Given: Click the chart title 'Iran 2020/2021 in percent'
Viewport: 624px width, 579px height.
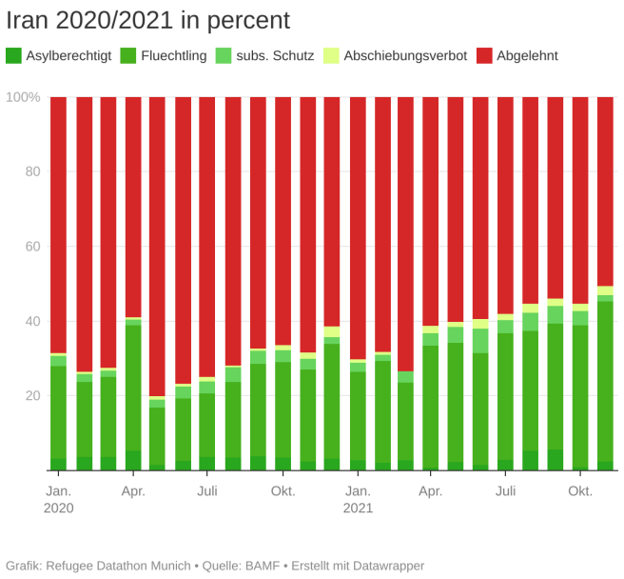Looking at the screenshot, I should [x=148, y=20].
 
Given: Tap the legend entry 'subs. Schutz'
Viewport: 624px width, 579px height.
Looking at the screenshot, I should [x=275, y=55].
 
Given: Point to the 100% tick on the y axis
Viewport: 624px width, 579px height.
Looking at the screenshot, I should [x=24, y=97].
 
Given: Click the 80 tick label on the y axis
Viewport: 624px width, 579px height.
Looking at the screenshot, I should [x=32, y=171].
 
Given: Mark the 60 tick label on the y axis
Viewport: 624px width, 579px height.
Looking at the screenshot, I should [x=32, y=247].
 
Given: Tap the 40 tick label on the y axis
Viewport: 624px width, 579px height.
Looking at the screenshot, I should [x=32, y=321].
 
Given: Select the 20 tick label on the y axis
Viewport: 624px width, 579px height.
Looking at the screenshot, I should [x=32, y=395].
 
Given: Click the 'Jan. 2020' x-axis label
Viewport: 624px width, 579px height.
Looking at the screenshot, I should [x=58, y=499].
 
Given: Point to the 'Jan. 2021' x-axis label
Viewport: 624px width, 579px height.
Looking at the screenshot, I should [x=358, y=499].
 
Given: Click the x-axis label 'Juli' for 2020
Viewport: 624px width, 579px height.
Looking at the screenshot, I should [x=207, y=491].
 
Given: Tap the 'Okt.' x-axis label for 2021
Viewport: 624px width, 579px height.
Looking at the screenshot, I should [x=580, y=491].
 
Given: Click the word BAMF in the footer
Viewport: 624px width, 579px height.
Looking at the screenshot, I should [x=263, y=566].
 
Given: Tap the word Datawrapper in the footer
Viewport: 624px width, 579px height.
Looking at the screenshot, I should [x=385, y=566].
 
